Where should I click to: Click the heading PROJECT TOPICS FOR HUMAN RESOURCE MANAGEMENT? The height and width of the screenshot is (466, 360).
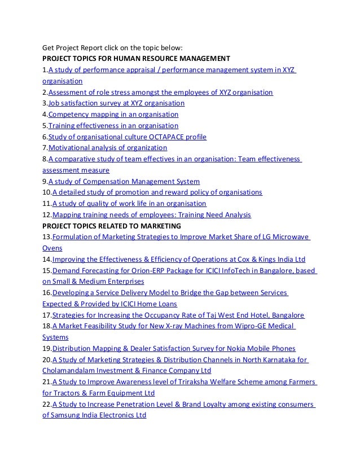[136, 58]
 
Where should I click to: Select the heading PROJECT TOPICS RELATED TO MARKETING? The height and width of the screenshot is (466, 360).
[112, 226]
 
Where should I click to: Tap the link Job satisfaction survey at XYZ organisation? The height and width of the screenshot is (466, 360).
[116, 103]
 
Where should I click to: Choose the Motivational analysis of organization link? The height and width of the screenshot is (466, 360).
[107, 148]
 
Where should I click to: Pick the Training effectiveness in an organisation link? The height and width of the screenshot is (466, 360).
[113, 126]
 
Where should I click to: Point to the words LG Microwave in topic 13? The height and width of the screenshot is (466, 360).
[284, 237]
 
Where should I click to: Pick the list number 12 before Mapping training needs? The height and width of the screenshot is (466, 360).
[47, 215]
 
